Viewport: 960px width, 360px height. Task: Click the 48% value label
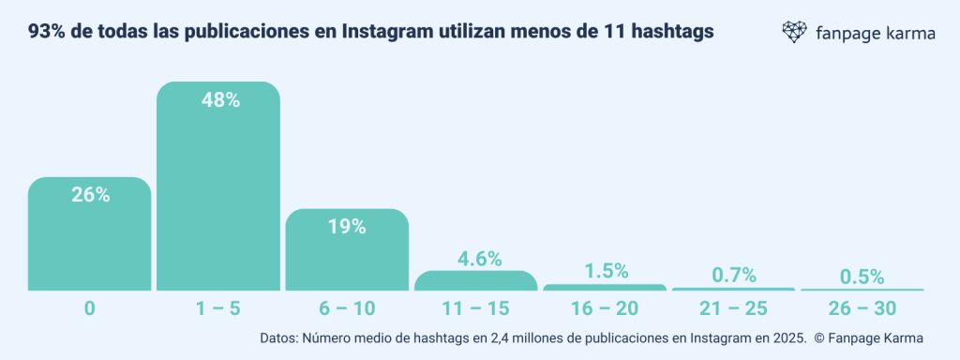(x=218, y=100)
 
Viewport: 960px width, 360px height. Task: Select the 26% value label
(x=90, y=195)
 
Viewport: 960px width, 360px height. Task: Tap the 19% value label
(x=347, y=227)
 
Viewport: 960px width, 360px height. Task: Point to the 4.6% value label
(x=476, y=259)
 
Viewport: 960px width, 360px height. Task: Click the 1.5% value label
(x=605, y=271)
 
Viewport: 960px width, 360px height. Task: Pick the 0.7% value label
(x=734, y=275)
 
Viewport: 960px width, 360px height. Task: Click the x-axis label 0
(x=90, y=308)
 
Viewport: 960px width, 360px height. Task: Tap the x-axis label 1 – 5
(x=218, y=308)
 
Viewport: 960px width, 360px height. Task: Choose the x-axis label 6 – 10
(x=347, y=308)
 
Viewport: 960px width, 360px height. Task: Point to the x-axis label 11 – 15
(x=476, y=308)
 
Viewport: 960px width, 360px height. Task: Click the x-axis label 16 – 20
(x=605, y=308)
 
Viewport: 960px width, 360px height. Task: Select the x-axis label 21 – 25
(x=734, y=308)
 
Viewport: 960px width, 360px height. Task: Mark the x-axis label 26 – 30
(x=862, y=308)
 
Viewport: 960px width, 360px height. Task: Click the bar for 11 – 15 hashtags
(x=476, y=281)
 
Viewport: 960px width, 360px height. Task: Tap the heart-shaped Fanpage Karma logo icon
(x=795, y=33)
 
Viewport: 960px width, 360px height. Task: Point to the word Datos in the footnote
(x=278, y=338)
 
